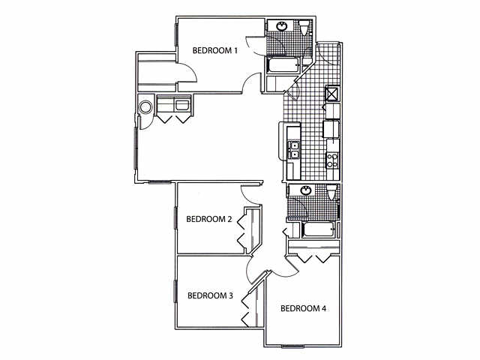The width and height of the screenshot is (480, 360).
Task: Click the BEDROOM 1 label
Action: tap(215, 51)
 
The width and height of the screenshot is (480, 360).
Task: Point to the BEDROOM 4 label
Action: tap(303, 308)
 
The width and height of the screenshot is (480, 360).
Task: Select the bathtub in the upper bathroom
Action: tap(283, 65)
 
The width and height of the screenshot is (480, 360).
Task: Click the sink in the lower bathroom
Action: tap(306, 191)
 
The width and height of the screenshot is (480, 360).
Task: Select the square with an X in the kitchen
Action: tap(331, 94)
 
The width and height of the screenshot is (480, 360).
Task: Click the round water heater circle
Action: tap(143, 105)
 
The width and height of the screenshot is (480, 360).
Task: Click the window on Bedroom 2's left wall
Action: tap(175, 218)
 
